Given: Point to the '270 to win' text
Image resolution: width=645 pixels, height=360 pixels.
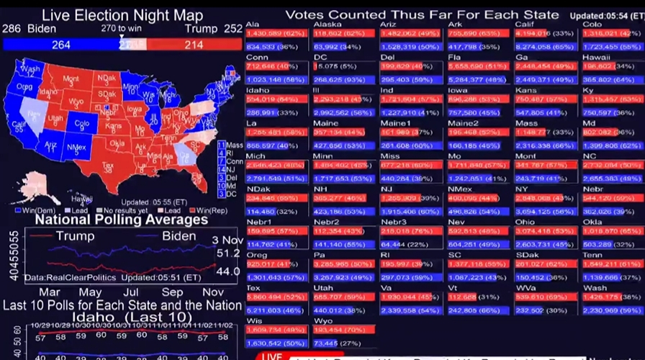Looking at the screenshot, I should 122,28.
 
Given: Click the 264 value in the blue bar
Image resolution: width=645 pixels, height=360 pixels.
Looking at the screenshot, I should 61,45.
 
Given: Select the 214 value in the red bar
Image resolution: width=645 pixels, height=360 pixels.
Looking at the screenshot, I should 193,45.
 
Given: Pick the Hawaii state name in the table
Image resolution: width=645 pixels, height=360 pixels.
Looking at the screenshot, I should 596,57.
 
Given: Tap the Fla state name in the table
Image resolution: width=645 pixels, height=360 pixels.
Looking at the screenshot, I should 454,57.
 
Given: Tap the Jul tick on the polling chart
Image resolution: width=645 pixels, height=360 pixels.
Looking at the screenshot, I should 131,292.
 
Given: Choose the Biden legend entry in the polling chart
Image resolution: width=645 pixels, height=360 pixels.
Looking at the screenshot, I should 179,236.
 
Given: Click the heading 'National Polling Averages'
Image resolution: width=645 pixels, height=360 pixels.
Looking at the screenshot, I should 122,219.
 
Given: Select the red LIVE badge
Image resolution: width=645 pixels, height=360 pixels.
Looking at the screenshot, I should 271,356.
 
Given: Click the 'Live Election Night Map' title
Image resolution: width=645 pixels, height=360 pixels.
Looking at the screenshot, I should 122,15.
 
